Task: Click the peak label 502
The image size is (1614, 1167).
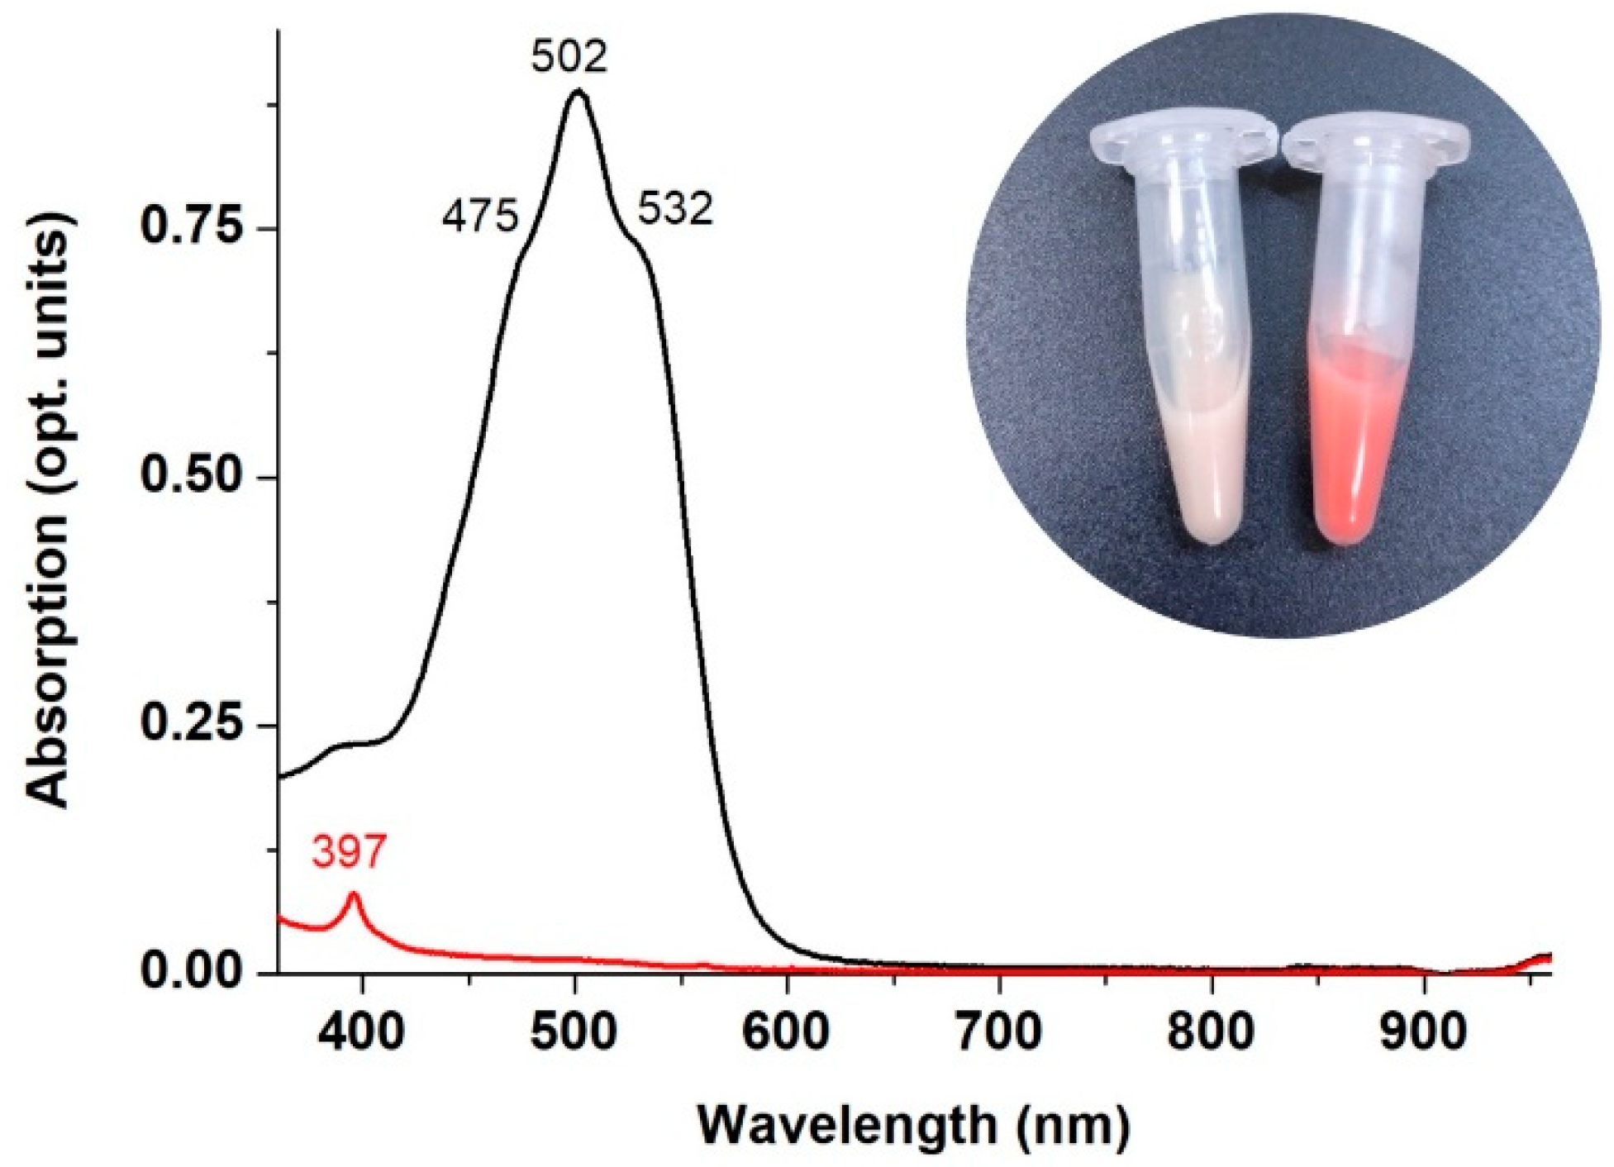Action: tap(569, 56)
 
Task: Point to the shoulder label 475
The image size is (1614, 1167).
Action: tap(480, 217)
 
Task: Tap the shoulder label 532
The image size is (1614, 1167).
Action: tap(674, 210)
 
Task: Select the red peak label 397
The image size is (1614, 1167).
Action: tap(349, 852)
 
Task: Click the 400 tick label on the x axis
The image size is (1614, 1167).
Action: tap(361, 1032)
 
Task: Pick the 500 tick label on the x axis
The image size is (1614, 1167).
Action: tap(574, 1032)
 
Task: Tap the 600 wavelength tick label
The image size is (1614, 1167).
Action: tap(787, 1032)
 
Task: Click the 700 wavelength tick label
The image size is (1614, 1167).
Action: tap(999, 1032)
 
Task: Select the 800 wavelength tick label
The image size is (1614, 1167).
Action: tap(1212, 1032)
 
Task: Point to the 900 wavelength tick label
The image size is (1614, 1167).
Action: tap(1424, 1032)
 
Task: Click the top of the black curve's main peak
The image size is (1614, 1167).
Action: tap(578, 91)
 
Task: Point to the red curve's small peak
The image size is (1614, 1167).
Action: tap(355, 895)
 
